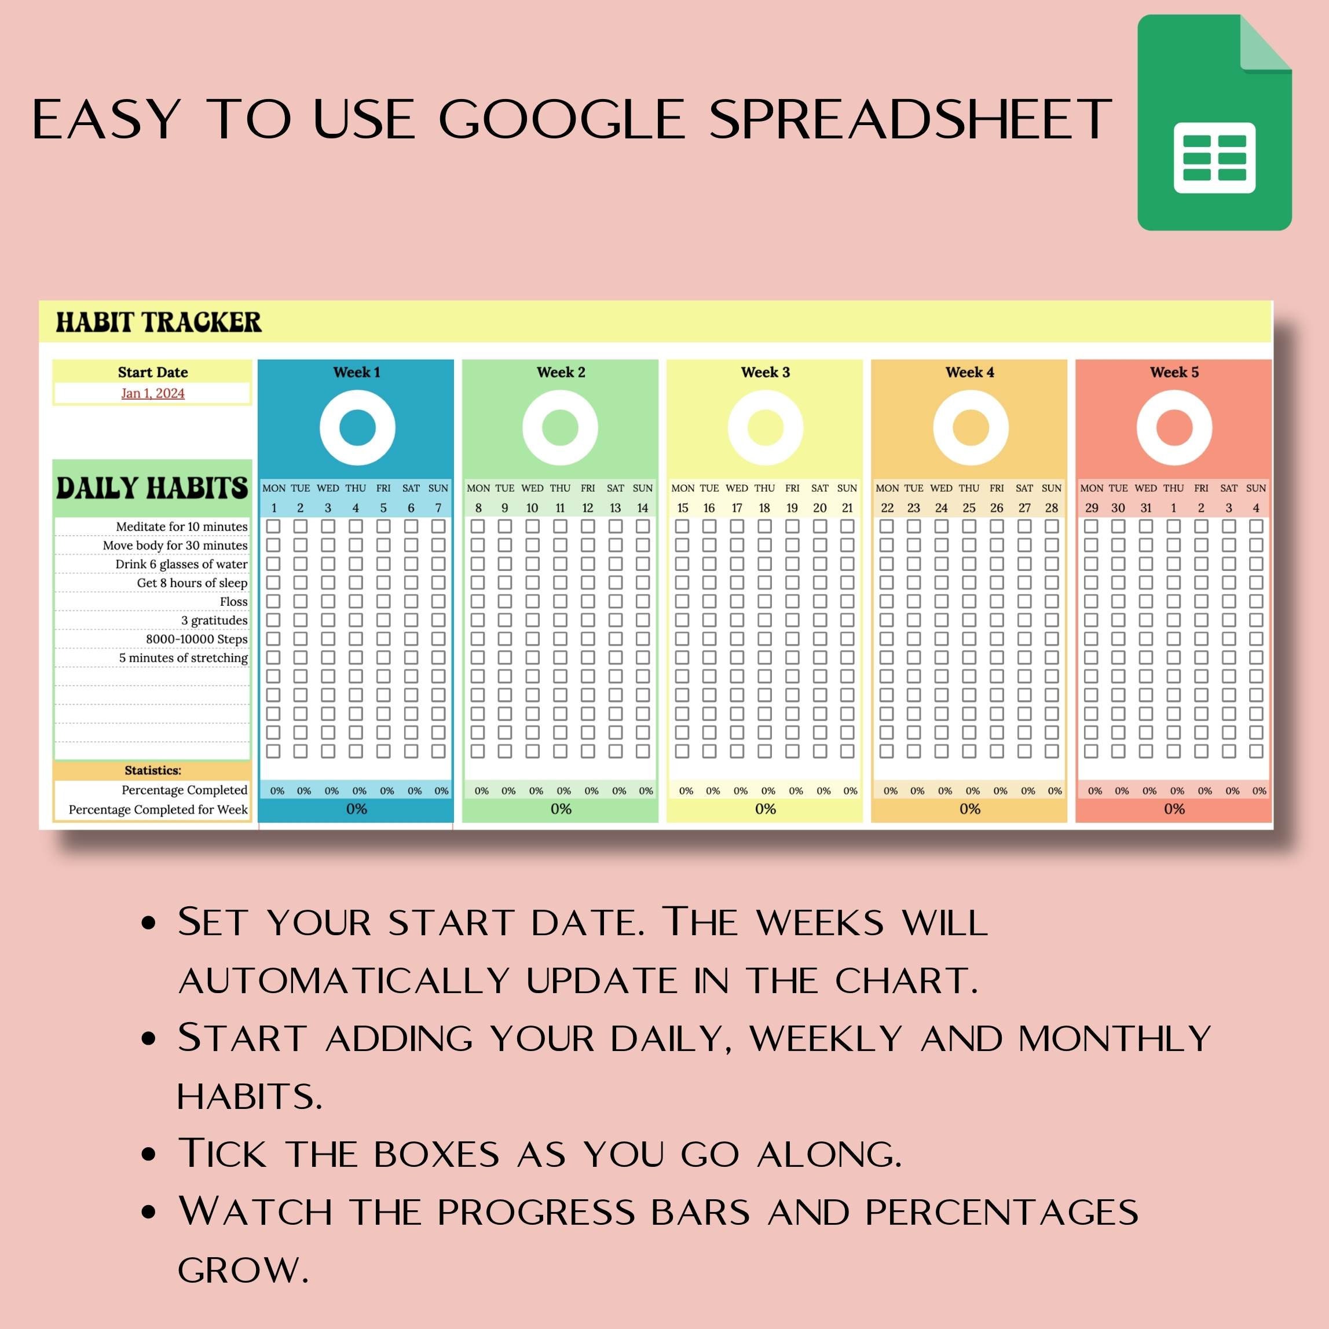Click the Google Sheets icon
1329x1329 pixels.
[x=1214, y=122]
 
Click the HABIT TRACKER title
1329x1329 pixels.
[x=158, y=322]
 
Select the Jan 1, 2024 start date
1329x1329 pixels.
[x=153, y=393]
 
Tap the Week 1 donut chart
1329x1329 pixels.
[x=357, y=428]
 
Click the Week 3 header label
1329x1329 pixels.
[x=765, y=372]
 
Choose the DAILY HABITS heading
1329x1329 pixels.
[x=152, y=487]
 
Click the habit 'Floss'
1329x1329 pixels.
[x=234, y=602]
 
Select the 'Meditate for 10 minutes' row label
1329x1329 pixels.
[x=182, y=527]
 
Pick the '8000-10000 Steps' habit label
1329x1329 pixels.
[x=197, y=639]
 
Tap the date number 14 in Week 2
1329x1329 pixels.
[x=642, y=508]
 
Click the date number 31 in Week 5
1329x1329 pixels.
[x=1146, y=508]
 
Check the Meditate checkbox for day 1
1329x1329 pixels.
[x=273, y=526]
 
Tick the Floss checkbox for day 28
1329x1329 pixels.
[x=1052, y=601]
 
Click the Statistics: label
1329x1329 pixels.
[x=153, y=770]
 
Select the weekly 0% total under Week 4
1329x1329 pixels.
[x=969, y=809]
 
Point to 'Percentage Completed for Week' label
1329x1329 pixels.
[x=158, y=810]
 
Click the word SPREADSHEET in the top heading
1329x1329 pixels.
[x=911, y=120]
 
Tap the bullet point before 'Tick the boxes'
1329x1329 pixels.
[x=149, y=1154]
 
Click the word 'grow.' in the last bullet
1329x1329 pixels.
[x=243, y=1270]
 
